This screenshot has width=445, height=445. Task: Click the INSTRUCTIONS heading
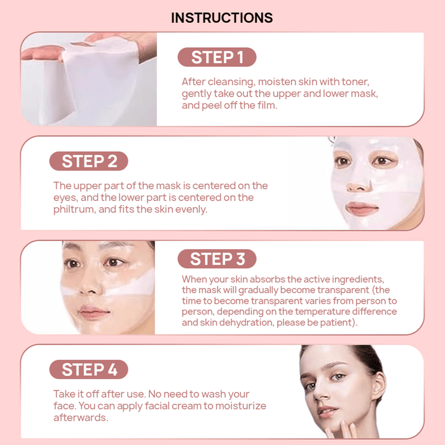(x=222, y=18)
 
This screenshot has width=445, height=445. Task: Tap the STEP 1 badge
(x=217, y=57)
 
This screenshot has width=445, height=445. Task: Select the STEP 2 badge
(x=89, y=161)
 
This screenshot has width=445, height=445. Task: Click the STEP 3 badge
(x=217, y=259)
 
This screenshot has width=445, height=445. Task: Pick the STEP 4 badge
(x=89, y=369)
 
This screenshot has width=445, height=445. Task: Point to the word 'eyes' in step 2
(x=65, y=198)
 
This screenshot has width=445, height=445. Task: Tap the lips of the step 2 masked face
(x=362, y=208)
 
